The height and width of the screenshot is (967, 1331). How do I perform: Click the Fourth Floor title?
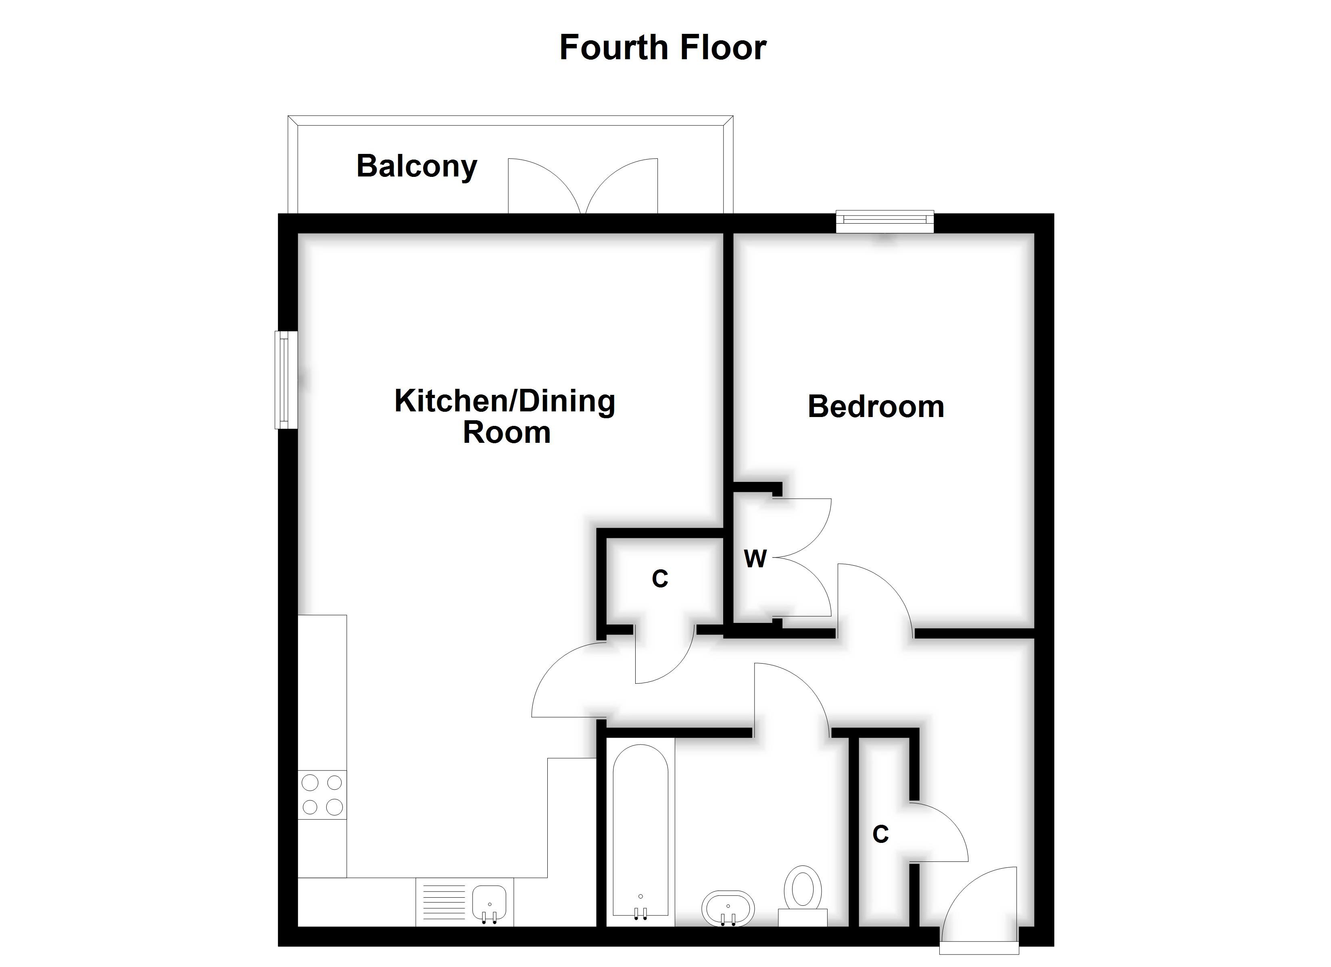[663, 48]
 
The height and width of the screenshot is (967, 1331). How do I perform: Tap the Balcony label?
[417, 166]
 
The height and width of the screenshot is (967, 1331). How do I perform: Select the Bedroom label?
[876, 407]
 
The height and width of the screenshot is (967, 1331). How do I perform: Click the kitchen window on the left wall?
[285, 380]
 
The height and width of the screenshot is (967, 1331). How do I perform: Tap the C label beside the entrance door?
[880, 834]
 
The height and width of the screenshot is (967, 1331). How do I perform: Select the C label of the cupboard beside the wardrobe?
[659, 579]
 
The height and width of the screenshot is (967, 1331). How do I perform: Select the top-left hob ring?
[310, 782]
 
